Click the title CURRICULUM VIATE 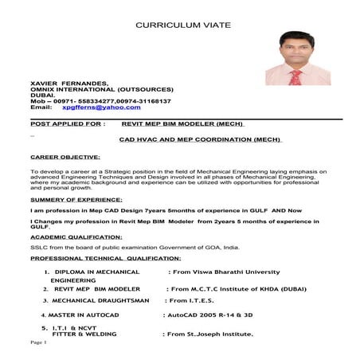[183, 25]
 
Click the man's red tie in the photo [295, 77]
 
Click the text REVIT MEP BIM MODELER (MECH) [182, 124]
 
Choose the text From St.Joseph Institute [208, 335]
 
